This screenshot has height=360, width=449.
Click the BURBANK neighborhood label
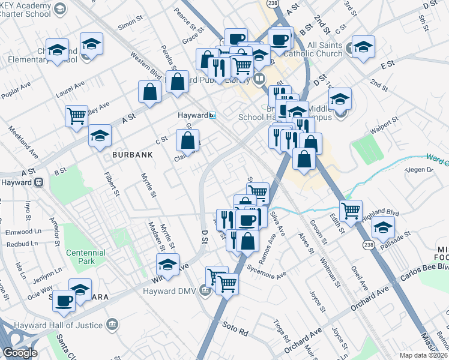coord(132,154)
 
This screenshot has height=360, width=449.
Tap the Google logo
coord(20,353)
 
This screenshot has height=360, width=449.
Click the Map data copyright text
coord(423,355)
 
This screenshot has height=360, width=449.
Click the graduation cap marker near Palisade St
coord(383,227)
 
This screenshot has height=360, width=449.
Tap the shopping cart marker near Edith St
coord(350,210)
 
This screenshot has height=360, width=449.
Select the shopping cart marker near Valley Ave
coord(77,116)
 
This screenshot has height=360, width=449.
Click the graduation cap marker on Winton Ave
coord(168,263)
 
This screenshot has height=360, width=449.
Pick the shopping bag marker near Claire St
coord(188,140)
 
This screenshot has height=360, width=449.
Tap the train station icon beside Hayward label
coord(212,115)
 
